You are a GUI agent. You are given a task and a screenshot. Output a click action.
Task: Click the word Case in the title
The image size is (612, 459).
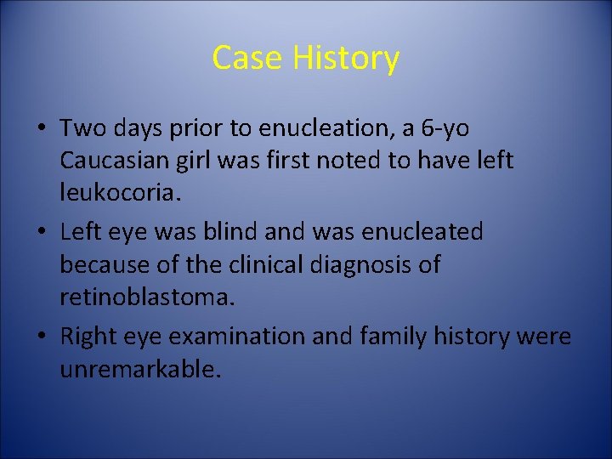pyautogui.click(x=247, y=58)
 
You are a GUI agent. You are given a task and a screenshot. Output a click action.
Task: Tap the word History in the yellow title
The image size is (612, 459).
pyautogui.click(x=345, y=58)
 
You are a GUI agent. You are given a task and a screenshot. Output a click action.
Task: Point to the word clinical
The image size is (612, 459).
pyautogui.click(x=267, y=263)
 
